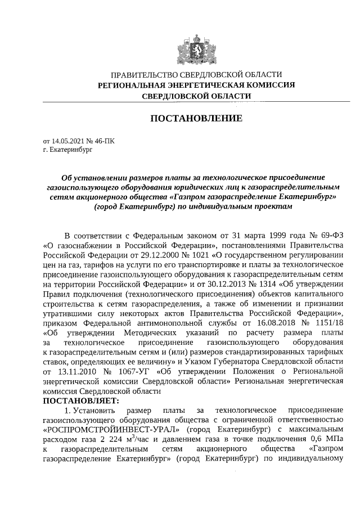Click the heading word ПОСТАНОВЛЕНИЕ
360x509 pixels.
coord(196,119)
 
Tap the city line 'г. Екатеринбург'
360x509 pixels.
coord(67,151)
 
